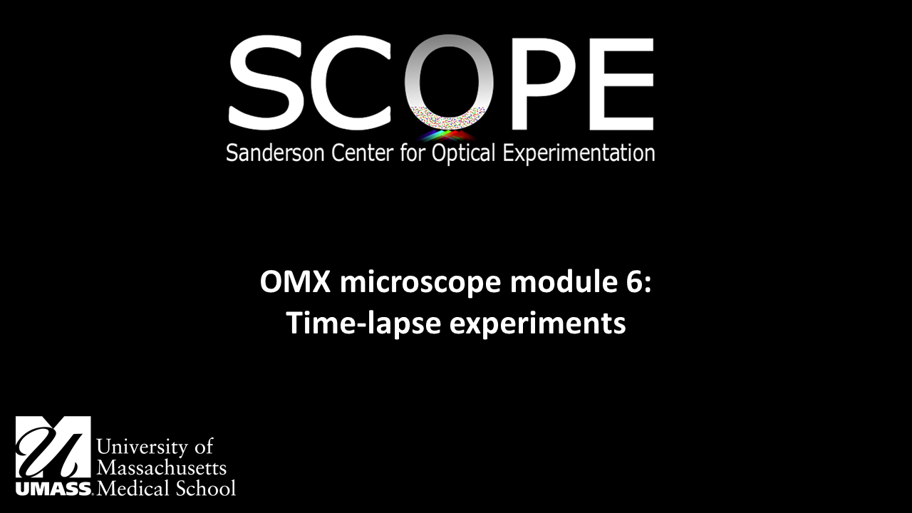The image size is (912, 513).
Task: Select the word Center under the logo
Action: point(358,153)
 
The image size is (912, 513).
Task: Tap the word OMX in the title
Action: point(296,284)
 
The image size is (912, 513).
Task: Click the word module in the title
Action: point(541,284)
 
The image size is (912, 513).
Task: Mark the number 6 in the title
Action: point(633,284)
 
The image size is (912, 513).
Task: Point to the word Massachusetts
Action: point(161,468)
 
